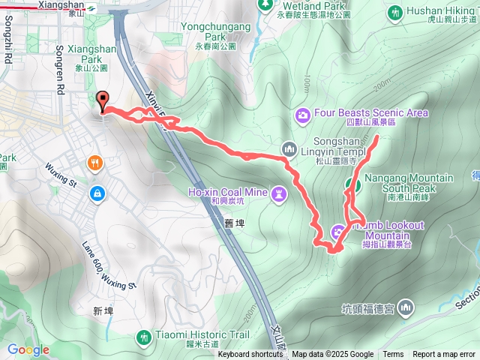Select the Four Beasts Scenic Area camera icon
302,115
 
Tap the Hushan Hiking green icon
394,12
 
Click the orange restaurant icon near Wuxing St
95,163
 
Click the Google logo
28,349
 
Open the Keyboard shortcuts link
250,355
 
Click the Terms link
393,355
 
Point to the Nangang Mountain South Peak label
409,184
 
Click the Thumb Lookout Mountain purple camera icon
338,230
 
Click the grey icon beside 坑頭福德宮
406,307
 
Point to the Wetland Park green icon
265,4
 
